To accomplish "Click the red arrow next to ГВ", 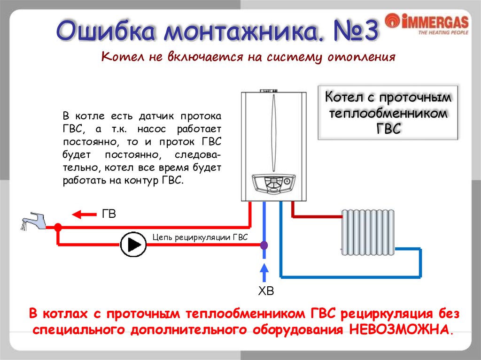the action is (x=83, y=214).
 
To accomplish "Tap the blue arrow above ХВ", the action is (x=264, y=273).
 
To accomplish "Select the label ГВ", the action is (x=109, y=214).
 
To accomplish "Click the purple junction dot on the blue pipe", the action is (x=264, y=245).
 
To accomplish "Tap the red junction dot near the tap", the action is (x=58, y=227).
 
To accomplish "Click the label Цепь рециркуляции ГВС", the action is (x=200, y=237).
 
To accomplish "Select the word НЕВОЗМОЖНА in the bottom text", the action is (x=401, y=329).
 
